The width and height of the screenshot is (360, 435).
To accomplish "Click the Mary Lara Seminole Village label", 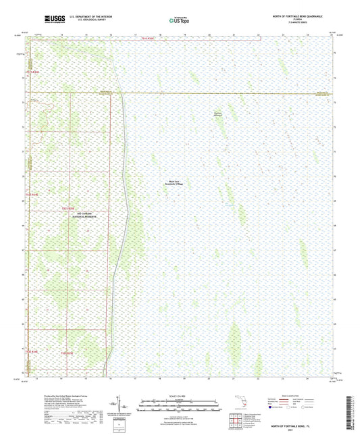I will pos(176,182).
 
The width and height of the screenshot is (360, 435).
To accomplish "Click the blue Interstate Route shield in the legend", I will pos(272,407).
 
